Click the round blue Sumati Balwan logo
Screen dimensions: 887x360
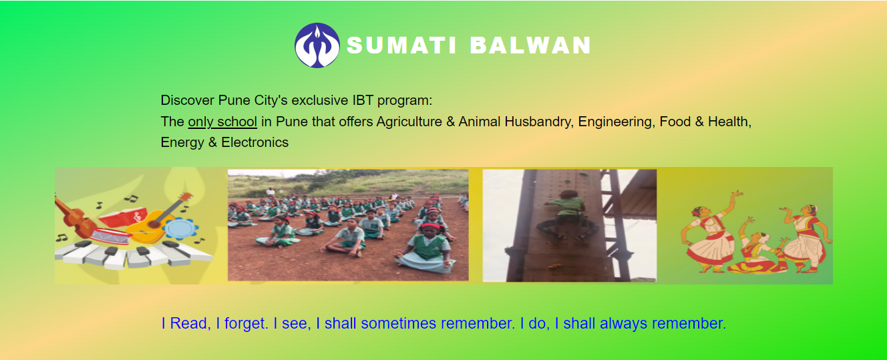[317, 45]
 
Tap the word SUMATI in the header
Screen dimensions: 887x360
[402, 45]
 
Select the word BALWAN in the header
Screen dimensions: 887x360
[530, 45]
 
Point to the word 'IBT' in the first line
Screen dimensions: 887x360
[363, 101]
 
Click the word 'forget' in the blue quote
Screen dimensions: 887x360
[246, 323]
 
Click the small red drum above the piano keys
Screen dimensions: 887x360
[111, 236]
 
